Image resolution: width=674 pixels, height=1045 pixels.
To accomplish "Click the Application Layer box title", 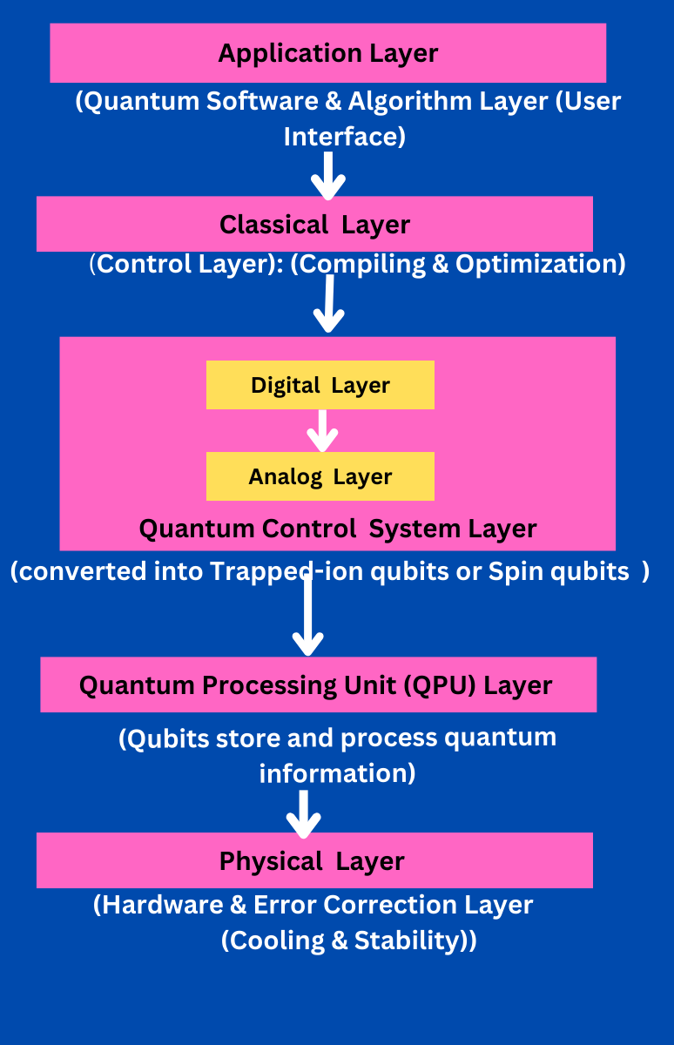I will pos(327,53).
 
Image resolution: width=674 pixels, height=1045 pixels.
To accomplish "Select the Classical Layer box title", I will pos(314,225).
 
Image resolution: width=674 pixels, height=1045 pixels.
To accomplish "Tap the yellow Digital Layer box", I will pos(320,385).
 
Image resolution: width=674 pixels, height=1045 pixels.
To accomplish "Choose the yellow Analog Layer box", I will pos(320,477).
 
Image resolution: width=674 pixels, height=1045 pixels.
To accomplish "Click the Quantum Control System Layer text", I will pos(338,529).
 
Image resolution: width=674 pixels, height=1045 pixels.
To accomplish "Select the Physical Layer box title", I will pos(312,861).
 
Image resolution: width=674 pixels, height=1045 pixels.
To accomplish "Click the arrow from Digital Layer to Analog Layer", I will pos(322,430).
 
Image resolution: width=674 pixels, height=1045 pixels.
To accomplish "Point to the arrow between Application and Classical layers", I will pos(328,174).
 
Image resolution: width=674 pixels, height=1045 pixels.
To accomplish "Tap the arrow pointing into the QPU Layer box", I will pos(307,614).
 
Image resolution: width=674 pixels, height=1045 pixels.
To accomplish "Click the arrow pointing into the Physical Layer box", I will pos(304,813).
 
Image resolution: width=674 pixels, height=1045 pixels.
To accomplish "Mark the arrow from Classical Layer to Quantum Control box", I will pos(328,304).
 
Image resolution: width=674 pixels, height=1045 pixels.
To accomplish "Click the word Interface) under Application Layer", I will pos(345,137).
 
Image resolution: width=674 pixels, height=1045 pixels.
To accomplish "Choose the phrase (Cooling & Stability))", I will pos(348,941).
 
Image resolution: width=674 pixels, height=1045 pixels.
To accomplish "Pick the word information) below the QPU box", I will pos(337,773).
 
